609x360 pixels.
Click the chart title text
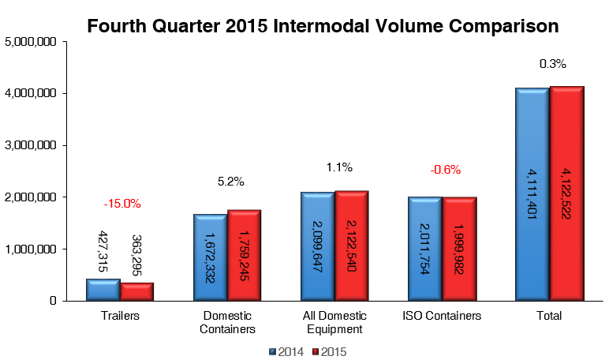pos(323,26)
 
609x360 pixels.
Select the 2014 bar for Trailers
pos(103,290)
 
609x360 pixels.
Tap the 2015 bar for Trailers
pos(136,291)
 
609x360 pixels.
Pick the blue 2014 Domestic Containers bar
pos(210,257)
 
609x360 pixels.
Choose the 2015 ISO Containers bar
pos(458,249)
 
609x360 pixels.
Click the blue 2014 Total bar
pos(532,194)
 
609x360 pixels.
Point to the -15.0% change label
pos(122,204)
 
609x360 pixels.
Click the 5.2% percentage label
pos(230,182)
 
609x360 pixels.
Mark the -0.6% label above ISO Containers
pos(445,169)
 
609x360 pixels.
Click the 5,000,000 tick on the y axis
pos(30,42)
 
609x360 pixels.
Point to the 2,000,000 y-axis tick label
pos(30,197)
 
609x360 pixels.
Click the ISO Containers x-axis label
pos(442,316)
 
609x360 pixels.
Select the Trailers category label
pos(120,316)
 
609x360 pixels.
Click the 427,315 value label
pos(103,253)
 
